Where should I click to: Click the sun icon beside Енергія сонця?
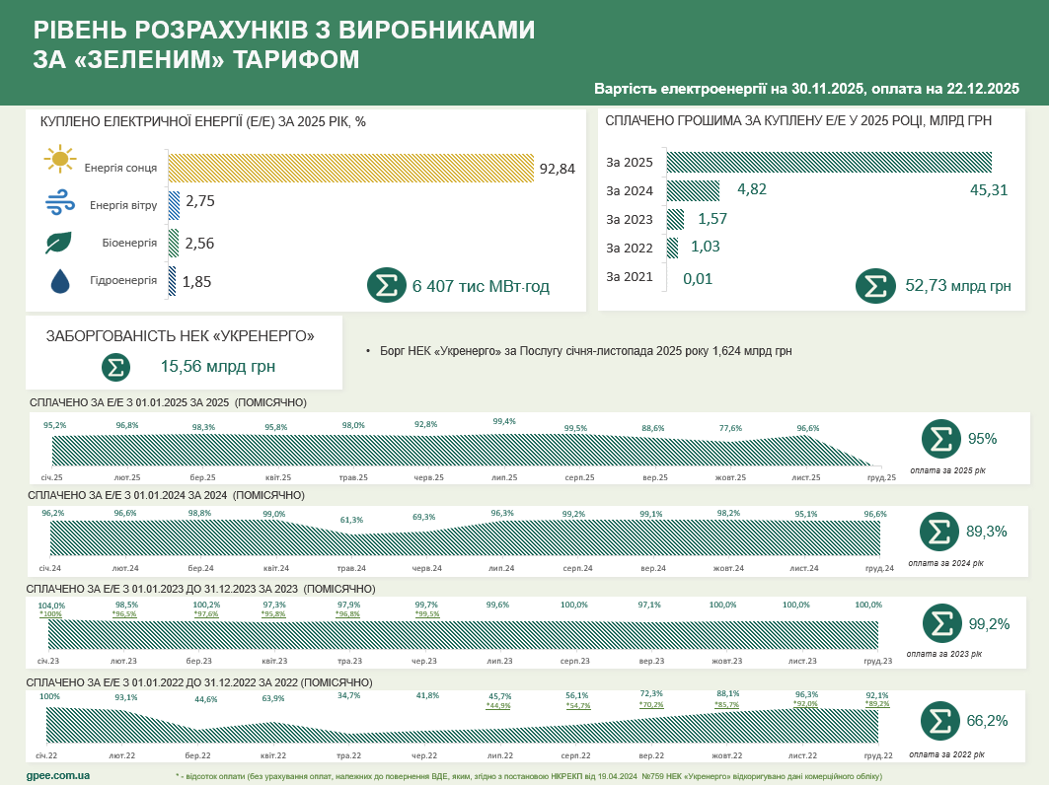pos(60,159)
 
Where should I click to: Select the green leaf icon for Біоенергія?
pos(59,243)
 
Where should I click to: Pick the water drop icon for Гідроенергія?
pos(60,282)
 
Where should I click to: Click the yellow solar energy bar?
pos(350,168)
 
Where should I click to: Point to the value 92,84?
pos(557,169)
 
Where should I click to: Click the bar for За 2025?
pos(829,162)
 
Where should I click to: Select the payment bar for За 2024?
pos(693,189)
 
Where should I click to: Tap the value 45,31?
pos(989,189)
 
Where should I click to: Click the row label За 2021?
pos(630,277)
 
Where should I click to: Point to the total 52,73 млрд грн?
pos(957,286)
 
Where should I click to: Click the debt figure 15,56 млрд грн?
pos(217,367)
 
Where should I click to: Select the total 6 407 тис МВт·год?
pos(481,286)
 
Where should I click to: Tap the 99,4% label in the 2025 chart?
pos(503,421)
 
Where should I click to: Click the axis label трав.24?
pos(352,568)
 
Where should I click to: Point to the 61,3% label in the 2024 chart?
pos(351,520)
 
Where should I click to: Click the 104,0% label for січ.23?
pos(51,606)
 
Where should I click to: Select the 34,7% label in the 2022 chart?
pos(348,695)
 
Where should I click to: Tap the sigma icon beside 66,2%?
pos(940,721)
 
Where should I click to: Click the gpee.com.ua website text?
pos(58,775)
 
